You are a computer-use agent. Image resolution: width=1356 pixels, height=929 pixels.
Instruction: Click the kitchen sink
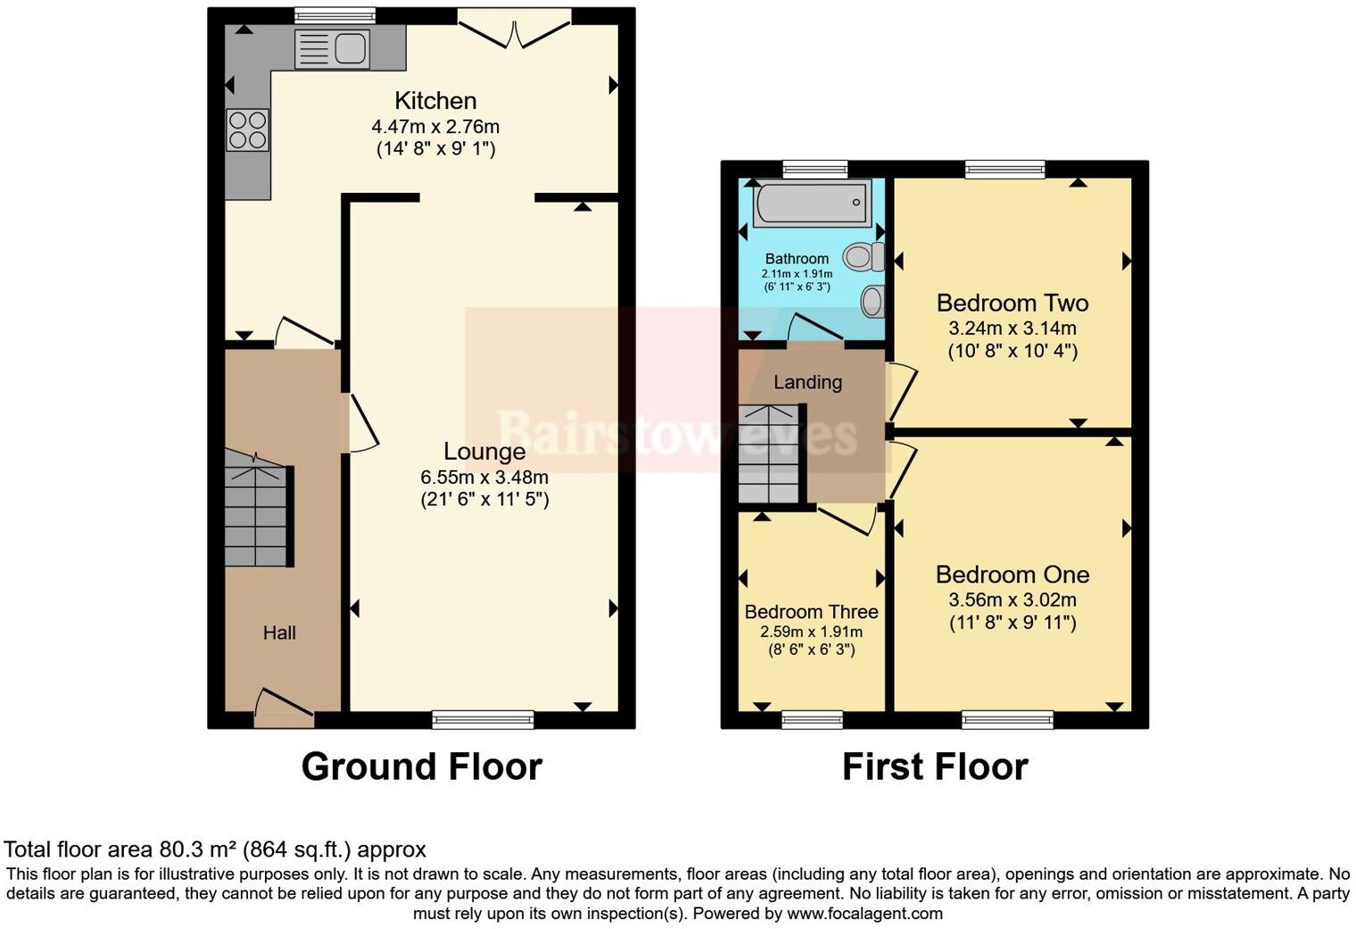pos(331,48)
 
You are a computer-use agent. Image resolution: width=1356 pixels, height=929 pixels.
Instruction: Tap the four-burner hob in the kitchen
pos(248,129)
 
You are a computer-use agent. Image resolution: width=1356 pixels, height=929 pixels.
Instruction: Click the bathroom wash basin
pos(872,301)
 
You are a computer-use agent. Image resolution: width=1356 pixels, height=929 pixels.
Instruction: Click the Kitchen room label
pos(435,101)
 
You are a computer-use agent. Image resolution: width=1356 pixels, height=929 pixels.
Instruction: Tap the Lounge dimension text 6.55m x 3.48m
pos(484,477)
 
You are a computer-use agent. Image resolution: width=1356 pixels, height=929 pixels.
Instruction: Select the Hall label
pos(279,633)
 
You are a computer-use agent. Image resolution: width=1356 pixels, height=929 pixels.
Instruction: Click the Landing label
pos(807,382)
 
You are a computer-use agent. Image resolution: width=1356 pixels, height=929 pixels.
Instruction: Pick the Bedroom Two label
pos(1013,303)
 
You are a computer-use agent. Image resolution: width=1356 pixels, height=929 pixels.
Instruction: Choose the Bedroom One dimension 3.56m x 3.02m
pos(1013,600)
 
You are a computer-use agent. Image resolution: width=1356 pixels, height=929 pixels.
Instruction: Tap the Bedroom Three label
pos(811,611)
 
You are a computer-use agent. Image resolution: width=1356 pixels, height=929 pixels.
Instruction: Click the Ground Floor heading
pos(421,767)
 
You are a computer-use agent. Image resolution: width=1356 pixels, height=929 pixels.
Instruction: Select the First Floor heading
pos(935,767)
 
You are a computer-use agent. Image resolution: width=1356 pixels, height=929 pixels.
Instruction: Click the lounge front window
pos(483,718)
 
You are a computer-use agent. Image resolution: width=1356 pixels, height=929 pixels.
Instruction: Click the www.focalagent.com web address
pos(864,914)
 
